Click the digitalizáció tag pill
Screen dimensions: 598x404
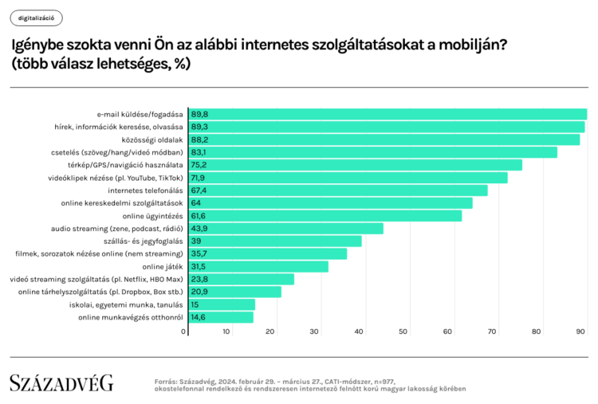[x=36, y=18]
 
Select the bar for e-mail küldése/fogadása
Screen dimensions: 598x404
[x=388, y=114]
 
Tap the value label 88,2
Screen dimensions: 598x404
[x=199, y=140]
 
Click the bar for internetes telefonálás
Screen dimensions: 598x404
[x=338, y=190]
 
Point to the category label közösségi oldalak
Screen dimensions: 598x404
[x=152, y=140]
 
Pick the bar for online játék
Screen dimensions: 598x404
[x=258, y=266]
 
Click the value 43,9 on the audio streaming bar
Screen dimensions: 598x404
[x=199, y=229]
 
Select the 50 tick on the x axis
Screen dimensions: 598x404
[x=403, y=331]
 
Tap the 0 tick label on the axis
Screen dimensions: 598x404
[x=183, y=331]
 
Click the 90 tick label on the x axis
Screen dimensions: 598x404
[x=580, y=331]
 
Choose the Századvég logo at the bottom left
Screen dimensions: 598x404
[x=61, y=382]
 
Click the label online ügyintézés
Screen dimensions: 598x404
[x=152, y=216]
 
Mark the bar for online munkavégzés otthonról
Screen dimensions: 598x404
[x=221, y=317]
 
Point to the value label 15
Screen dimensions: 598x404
[x=195, y=305]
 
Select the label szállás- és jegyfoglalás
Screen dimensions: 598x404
[x=143, y=241]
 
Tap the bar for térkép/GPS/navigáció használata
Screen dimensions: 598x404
[x=355, y=165]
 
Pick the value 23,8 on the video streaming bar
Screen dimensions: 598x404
[x=199, y=280]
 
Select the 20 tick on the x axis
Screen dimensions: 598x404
[x=270, y=331]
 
